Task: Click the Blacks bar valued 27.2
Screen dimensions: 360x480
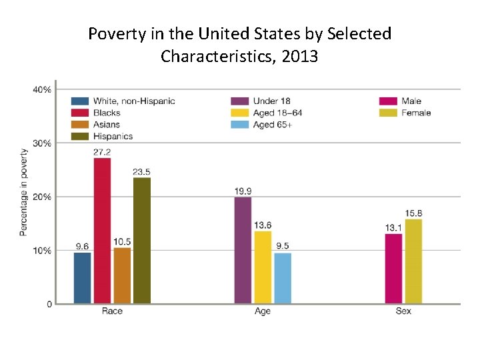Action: [x=102, y=231]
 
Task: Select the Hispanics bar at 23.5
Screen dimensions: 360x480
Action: [x=142, y=241]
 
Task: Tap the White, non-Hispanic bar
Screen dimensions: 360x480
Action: [x=82, y=278]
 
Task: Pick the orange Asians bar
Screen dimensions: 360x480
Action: [x=122, y=275]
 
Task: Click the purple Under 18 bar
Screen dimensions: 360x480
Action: [x=243, y=250]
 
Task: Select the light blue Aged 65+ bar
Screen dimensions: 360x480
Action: [x=283, y=278]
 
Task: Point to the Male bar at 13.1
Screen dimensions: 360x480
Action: [x=393, y=269]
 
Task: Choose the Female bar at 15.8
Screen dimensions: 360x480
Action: [x=413, y=261]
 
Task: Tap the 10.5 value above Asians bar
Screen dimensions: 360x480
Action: [x=122, y=241]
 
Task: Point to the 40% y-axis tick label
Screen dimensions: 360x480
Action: [x=43, y=89]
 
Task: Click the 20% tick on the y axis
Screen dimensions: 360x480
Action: [x=43, y=197]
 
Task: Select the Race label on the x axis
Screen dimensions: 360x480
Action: [x=112, y=311]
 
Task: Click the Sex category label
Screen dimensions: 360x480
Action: [x=403, y=311]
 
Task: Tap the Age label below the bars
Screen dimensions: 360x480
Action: [x=263, y=311]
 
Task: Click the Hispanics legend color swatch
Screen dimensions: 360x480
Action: [x=80, y=137]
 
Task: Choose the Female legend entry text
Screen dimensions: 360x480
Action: [x=416, y=113]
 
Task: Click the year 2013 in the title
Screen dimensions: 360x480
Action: [x=300, y=57]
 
